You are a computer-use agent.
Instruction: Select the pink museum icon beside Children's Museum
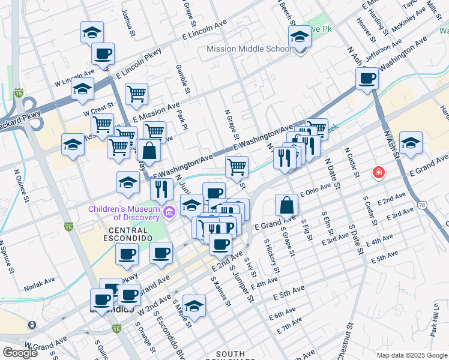[169, 211]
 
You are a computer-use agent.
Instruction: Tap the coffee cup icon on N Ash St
[367, 78]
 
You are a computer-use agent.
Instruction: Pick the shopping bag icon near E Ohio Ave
[287, 205]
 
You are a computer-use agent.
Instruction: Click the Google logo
[20, 352]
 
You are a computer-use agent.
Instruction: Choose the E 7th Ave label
[290, 328]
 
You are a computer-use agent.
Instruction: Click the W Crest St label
[99, 111]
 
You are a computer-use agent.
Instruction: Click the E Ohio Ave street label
[316, 189]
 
